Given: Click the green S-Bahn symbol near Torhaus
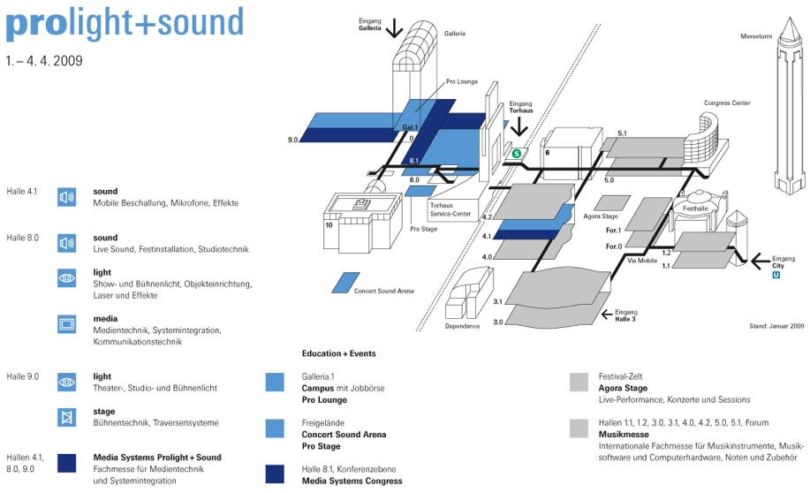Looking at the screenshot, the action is (x=516, y=154).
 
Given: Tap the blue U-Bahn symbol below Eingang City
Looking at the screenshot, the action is (x=776, y=275).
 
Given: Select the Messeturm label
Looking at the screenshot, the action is (x=756, y=36).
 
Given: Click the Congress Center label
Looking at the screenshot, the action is (x=727, y=102).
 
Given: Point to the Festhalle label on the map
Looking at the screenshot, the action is (x=695, y=209).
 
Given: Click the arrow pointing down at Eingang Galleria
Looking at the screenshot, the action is (x=394, y=28).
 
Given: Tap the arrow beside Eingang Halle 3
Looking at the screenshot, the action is (x=607, y=314).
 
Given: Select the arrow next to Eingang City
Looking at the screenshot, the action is (x=760, y=261).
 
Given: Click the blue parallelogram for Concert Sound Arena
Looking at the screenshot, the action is (x=345, y=283).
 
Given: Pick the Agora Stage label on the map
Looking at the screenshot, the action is (x=601, y=216).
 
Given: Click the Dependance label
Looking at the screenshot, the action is (x=462, y=326).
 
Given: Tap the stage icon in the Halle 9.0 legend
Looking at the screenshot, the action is (x=66, y=417).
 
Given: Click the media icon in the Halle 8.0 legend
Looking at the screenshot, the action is (x=66, y=324).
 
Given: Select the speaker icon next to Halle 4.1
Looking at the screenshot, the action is (x=66, y=197).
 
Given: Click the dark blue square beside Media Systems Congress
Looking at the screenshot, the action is (x=275, y=474).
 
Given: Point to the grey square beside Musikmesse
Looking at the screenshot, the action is (x=579, y=429).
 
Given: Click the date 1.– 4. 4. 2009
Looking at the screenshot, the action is (x=44, y=61).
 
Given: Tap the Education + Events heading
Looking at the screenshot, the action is (x=339, y=353).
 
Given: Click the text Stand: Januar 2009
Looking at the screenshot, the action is (x=776, y=326).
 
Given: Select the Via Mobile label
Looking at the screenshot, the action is (x=642, y=261).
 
